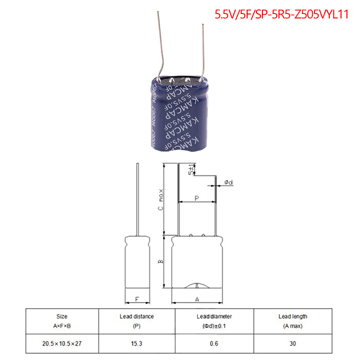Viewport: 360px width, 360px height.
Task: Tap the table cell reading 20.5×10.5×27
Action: pos(63,343)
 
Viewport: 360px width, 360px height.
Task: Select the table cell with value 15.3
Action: pos(137,343)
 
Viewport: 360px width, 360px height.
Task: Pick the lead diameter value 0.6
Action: pos(214,343)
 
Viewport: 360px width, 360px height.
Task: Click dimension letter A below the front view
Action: pos(197,299)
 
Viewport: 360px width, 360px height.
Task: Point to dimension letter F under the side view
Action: pos(137,299)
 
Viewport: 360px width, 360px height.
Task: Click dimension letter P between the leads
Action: pos(197,198)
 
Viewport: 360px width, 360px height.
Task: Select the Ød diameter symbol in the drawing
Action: pos(228,182)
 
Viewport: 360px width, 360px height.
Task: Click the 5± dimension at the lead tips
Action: pos(192,171)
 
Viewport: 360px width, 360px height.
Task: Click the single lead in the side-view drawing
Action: pos(137,198)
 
